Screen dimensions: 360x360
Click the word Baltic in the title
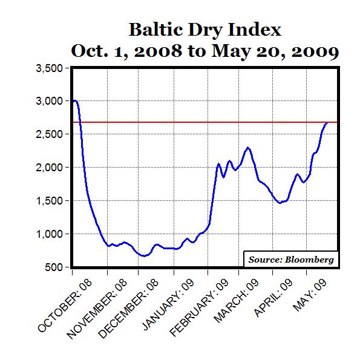(x=153, y=30)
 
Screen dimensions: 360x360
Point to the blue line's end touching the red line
(x=327, y=123)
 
